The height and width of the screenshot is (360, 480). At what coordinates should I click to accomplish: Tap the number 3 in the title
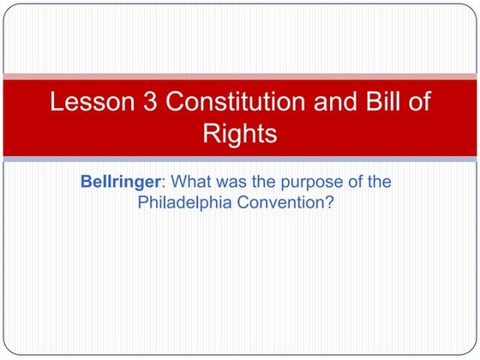coord(146,103)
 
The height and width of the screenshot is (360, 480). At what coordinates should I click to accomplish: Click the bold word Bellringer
coord(119,183)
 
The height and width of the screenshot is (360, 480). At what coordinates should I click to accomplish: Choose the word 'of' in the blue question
coord(354,183)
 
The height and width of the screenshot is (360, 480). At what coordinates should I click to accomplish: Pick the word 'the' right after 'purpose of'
coord(380,183)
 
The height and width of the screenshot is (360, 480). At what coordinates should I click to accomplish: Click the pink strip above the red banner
coord(240,76)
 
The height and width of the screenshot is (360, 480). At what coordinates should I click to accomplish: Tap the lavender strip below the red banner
coord(240,159)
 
